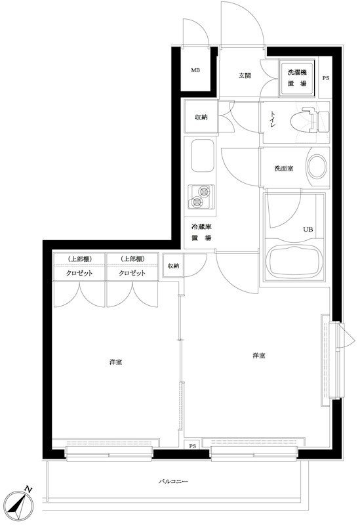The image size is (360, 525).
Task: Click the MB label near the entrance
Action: [x=195, y=71]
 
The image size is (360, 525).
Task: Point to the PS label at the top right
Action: [x=327, y=78]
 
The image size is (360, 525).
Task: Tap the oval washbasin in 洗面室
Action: [x=317, y=167]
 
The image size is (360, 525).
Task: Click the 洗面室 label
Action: [x=283, y=169]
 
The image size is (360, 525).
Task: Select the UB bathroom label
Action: [x=307, y=230]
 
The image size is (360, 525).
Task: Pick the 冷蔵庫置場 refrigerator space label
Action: [x=201, y=232]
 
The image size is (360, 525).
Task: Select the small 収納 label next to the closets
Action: [x=172, y=266]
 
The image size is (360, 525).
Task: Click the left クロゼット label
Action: [x=79, y=273]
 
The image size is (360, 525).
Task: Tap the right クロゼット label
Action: [x=132, y=273]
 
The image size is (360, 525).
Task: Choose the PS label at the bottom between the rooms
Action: [x=192, y=447]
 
